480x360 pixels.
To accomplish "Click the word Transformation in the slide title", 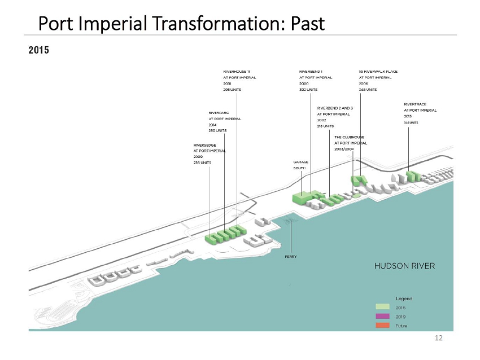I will click(x=195, y=24).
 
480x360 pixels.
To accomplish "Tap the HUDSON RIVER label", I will click(x=405, y=266).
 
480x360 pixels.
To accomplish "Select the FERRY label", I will click(x=291, y=257).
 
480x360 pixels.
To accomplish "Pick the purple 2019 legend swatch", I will click(x=385, y=317).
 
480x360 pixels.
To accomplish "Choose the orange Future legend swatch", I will click(x=385, y=326).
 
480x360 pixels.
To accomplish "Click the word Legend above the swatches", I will click(x=404, y=298).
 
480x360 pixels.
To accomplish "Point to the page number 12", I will click(x=439, y=338).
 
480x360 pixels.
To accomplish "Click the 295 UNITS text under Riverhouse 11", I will click(x=234, y=89).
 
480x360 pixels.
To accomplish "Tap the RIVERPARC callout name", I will click(x=219, y=113).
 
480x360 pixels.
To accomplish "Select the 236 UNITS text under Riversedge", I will click(x=202, y=163).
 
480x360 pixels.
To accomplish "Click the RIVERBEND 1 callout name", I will click(x=311, y=72).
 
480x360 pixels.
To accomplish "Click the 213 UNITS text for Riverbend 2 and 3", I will click(x=326, y=126).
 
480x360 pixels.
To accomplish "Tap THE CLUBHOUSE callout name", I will click(x=350, y=137).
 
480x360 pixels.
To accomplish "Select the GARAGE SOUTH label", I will click(x=300, y=165).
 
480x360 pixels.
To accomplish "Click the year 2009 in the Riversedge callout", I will click(x=198, y=157).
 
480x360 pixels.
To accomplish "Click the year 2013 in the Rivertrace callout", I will click(x=408, y=116).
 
